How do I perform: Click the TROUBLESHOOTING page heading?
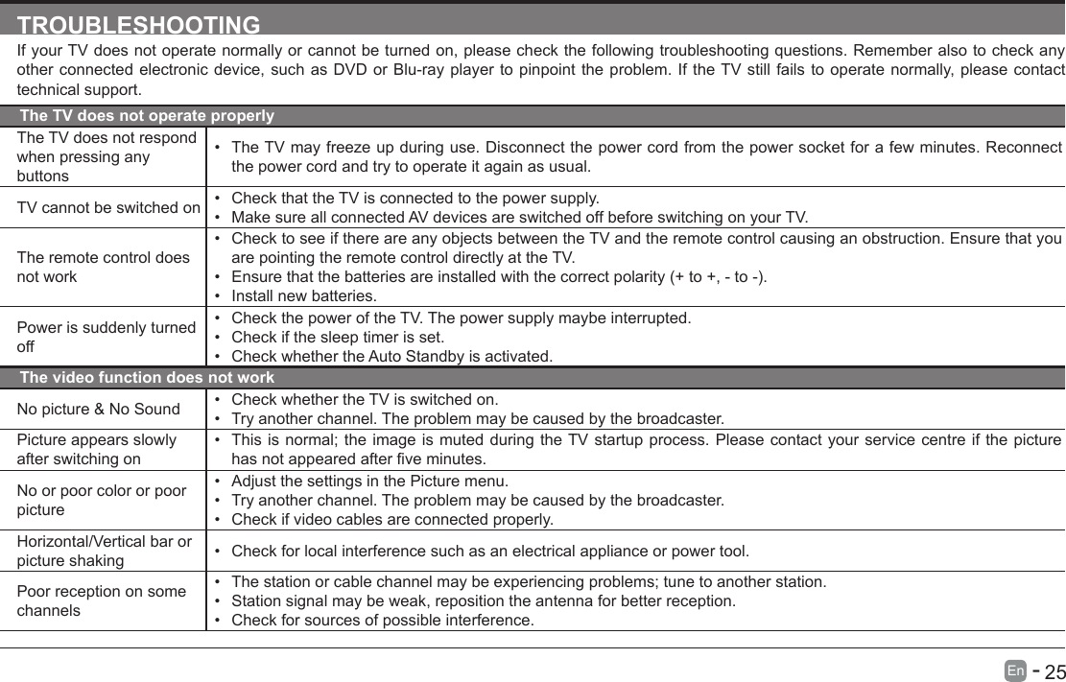(139, 24)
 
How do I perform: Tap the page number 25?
(1054, 670)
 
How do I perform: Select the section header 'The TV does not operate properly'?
(147, 116)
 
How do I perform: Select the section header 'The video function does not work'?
(147, 378)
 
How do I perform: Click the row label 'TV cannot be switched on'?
(108, 208)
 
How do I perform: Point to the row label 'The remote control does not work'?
(103, 267)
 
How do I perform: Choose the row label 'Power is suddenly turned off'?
(106, 336)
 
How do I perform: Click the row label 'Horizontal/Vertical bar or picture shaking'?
(104, 551)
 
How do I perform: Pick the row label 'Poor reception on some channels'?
(101, 600)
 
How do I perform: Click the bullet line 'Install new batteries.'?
(304, 296)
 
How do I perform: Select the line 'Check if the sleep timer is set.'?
(337, 337)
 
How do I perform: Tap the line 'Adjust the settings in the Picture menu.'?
(370, 481)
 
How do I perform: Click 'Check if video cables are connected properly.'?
(392, 520)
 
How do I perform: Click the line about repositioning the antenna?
(484, 601)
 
